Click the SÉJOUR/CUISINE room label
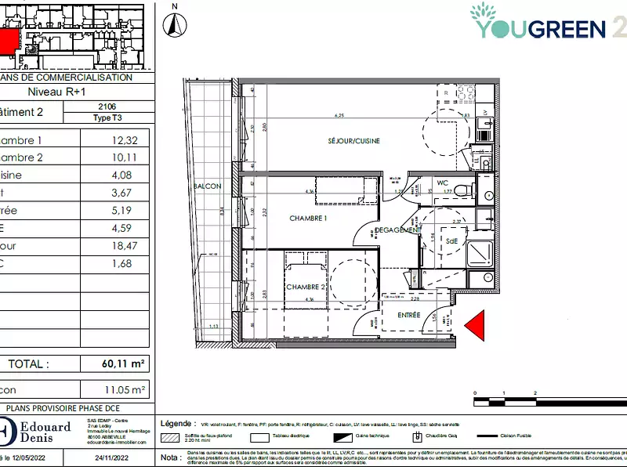(354, 141)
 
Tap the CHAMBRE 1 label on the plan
(307, 218)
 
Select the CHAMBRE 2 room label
(305, 287)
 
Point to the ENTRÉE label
(408, 316)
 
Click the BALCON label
(207, 186)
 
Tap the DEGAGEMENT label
(399, 230)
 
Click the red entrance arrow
(476, 324)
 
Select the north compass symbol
(176, 23)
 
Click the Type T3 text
(108, 117)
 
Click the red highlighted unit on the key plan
(8, 42)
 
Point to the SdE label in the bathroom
(451, 242)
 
